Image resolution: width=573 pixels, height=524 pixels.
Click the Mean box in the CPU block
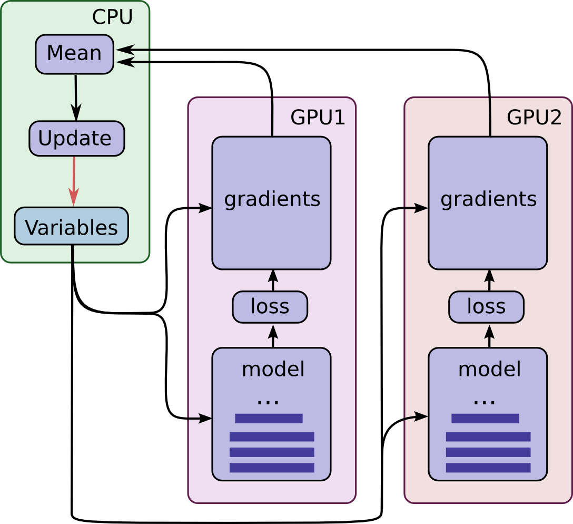[74, 54]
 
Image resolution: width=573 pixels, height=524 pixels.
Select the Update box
[76, 139]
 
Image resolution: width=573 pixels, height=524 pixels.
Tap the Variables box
[71, 227]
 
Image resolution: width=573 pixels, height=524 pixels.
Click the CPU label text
[112, 17]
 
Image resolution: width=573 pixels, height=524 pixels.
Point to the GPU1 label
[318, 118]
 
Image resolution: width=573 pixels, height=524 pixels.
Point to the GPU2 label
[534, 118]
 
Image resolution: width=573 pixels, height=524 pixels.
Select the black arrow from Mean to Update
[76, 98]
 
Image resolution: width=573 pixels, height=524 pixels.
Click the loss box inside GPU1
[270, 307]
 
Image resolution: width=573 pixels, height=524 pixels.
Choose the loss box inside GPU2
[486, 307]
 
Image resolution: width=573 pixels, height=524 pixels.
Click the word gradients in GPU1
[272, 199]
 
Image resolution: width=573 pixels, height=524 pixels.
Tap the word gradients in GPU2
[488, 199]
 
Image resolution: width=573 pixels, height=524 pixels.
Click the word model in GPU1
[273, 370]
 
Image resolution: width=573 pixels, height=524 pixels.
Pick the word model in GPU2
[489, 370]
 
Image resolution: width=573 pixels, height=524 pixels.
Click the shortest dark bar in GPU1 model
[269, 419]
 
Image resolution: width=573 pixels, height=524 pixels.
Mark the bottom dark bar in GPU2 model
[488, 468]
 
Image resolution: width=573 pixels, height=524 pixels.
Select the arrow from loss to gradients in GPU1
[273, 280]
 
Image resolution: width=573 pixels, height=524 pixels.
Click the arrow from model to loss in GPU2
[490, 336]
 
